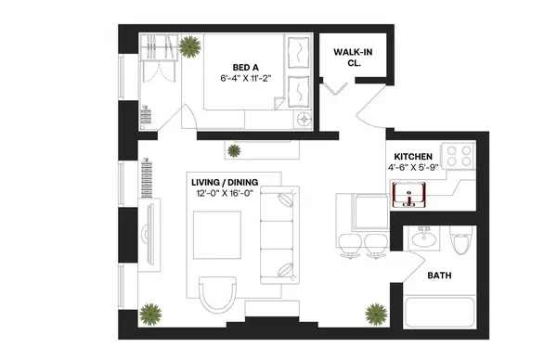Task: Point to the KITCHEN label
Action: (413, 155)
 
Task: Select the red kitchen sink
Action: (410, 196)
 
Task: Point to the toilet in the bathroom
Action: (459, 243)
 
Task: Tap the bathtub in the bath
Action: (440, 313)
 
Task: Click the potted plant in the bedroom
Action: (190, 46)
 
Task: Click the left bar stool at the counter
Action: (351, 244)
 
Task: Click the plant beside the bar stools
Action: (376, 312)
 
